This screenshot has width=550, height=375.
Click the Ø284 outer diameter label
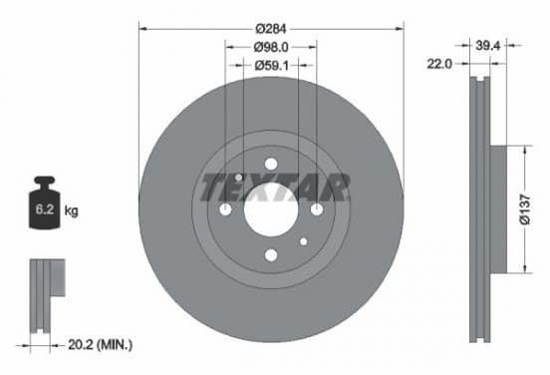pos(271,29)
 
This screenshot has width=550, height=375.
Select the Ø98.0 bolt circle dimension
pos(271,47)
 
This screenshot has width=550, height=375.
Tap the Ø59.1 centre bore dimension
pos(271,65)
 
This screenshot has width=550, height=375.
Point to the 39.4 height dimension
pos(487,45)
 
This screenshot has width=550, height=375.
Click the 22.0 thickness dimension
pos(439,64)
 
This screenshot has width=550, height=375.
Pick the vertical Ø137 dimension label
pos(525,209)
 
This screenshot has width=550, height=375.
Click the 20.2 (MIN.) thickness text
pos(100,345)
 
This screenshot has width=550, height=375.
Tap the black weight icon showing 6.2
pos(45,202)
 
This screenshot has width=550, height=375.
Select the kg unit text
pos(71,211)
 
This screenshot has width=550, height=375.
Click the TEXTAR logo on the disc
pos(275,187)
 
